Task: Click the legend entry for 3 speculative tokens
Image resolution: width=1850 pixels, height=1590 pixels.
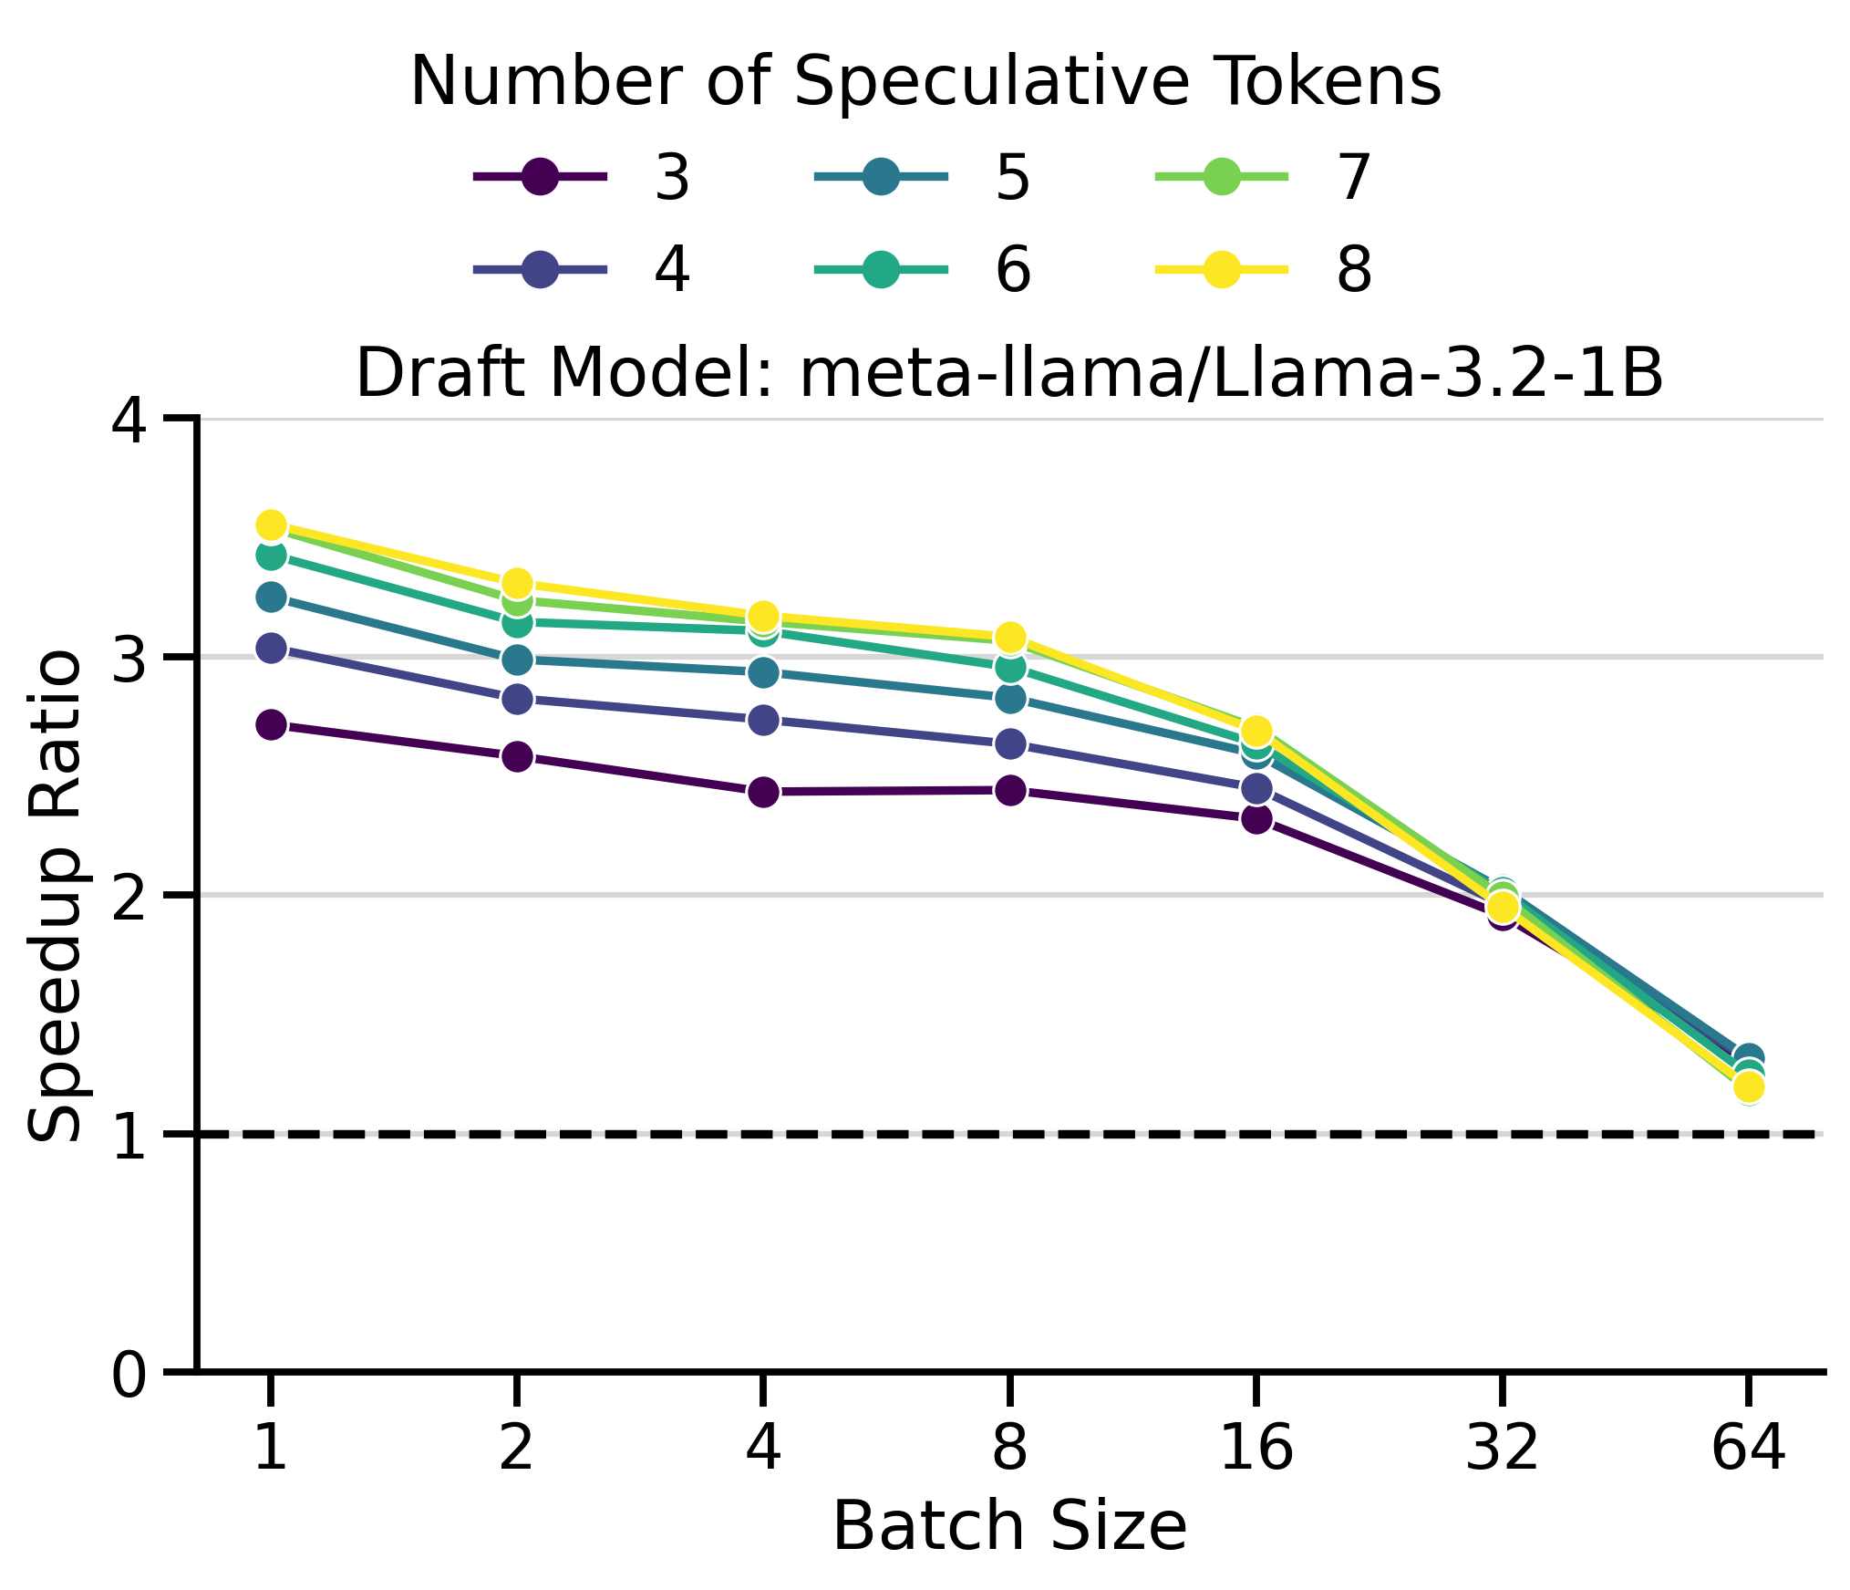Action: click(x=584, y=176)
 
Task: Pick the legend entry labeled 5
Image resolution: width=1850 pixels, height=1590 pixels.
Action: click(x=924, y=176)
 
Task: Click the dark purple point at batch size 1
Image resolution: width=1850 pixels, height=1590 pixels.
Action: click(x=271, y=725)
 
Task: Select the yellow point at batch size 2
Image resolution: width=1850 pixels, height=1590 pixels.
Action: click(x=517, y=583)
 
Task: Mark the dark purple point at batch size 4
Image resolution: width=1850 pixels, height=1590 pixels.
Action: click(x=763, y=792)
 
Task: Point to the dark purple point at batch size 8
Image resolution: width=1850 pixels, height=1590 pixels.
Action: click(x=1009, y=790)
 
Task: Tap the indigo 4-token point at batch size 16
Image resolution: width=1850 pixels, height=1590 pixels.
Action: click(x=1256, y=787)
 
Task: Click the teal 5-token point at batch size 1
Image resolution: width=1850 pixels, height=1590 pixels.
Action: click(x=271, y=598)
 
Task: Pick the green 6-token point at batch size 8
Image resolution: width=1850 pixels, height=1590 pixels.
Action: click(x=1009, y=668)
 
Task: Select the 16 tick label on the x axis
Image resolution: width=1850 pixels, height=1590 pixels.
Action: click(x=1256, y=1448)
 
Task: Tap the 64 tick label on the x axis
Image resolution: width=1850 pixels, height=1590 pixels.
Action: click(x=1748, y=1448)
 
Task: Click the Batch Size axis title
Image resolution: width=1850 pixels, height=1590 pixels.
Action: click(x=1009, y=1527)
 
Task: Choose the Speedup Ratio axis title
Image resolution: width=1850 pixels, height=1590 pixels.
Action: click(x=57, y=896)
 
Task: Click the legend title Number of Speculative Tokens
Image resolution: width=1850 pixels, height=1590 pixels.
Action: click(x=925, y=82)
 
